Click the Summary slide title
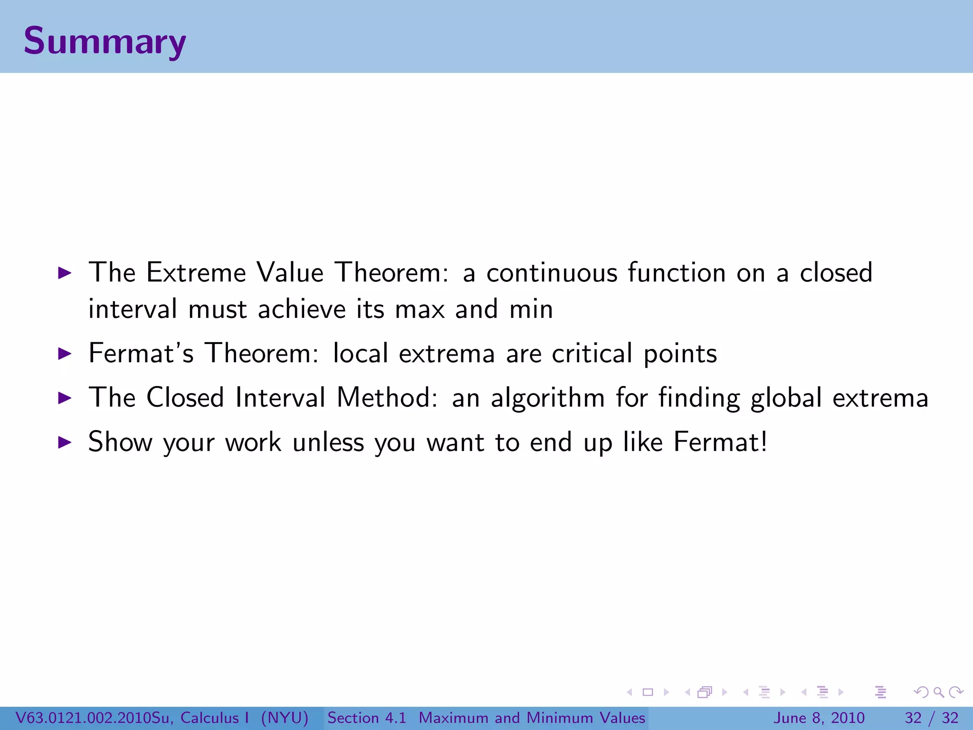(x=105, y=41)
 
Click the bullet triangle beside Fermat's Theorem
(x=64, y=354)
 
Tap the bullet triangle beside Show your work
(x=64, y=442)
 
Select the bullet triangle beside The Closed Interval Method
(x=64, y=398)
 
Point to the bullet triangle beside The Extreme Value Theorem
(x=64, y=273)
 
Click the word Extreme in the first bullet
(x=196, y=273)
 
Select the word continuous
(x=552, y=273)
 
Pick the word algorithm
(x=548, y=398)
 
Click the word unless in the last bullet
(x=328, y=442)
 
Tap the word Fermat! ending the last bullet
(x=720, y=442)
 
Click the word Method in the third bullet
(x=387, y=398)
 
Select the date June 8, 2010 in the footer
(x=819, y=718)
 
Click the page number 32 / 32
(x=932, y=718)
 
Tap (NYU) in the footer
(x=285, y=718)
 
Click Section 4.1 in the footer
(x=367, y=718)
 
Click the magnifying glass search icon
(x=938, y=692)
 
